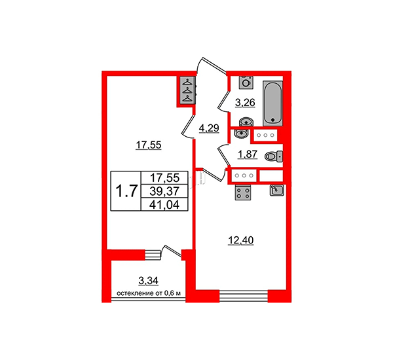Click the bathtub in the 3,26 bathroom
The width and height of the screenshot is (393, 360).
click(272, 103)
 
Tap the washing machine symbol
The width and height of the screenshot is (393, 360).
click(246, 82)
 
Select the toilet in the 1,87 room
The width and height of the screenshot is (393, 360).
click(274, 156)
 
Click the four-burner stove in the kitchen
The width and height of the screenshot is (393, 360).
click(243, 192)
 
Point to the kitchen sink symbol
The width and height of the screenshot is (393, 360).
click(276, 190)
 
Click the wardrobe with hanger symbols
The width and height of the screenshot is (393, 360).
click(187, 90)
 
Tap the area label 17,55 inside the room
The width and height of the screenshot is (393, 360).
click(149, 145)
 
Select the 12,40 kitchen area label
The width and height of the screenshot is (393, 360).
click(240, 240)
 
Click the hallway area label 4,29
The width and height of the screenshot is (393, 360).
click(209, 128)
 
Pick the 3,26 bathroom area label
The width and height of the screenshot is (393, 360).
click(245, 103)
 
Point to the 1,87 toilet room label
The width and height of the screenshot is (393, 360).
click(248, 154)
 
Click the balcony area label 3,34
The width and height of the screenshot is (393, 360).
click(149, 281)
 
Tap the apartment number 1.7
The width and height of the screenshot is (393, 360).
click(126, 191)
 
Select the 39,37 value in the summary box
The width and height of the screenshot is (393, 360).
click(164, 192)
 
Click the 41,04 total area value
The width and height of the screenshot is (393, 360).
click(164, 205)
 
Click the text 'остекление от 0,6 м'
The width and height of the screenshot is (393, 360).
click(149, 293)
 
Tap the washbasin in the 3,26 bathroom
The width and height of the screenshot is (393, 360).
click(246, 122)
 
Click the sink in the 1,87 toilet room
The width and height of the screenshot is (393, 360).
click(241, 134)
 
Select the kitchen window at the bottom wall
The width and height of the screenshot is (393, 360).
click(244, 295)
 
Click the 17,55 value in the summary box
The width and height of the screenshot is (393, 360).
click(164, 178)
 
